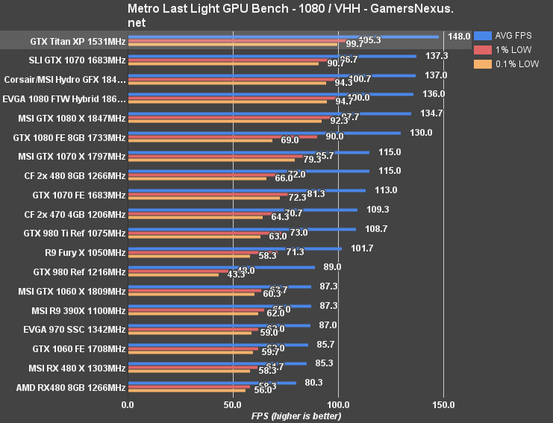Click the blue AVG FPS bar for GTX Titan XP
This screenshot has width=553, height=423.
pos(283,36)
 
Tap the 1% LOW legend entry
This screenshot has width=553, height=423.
pos(512,49)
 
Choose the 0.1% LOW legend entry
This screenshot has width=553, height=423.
pos(516,64)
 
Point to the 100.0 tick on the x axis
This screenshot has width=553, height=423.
pos(338,404)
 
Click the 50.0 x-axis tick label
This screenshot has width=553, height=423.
pos(233,404)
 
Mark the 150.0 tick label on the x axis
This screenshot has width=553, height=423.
pos(443,404)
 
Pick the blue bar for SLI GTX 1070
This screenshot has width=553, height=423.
pos(272,56)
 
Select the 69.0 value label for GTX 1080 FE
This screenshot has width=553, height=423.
pos(290,140)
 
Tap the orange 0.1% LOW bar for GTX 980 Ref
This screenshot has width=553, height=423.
pos(173,275)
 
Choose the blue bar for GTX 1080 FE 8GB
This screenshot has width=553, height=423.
pos(264,133)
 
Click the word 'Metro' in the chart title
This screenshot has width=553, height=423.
pos(145,10)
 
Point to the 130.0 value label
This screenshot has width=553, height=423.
pos(421,132)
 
